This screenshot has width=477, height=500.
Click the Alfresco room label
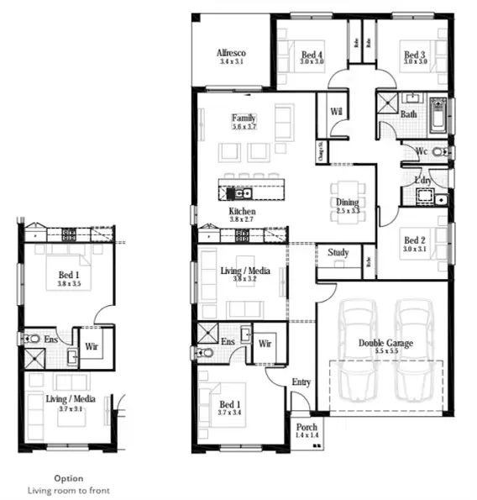(x=232, y=51)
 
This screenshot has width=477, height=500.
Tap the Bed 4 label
(x=312, y=56)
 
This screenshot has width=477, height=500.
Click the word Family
(x=244, y=118)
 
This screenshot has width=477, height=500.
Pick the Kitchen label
(x=242, y=212)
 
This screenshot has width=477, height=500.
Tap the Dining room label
(x=347, y=203)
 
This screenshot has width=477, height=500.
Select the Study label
(x=338, y=252)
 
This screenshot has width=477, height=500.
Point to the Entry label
(x=301, y=382)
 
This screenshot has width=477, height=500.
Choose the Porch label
(x=307, y=428)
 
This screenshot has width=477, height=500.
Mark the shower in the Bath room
(x=387, y=103)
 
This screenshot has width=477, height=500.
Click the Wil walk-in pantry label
(x=337, y=111)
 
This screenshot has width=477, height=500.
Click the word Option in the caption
(x=69, y=478)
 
